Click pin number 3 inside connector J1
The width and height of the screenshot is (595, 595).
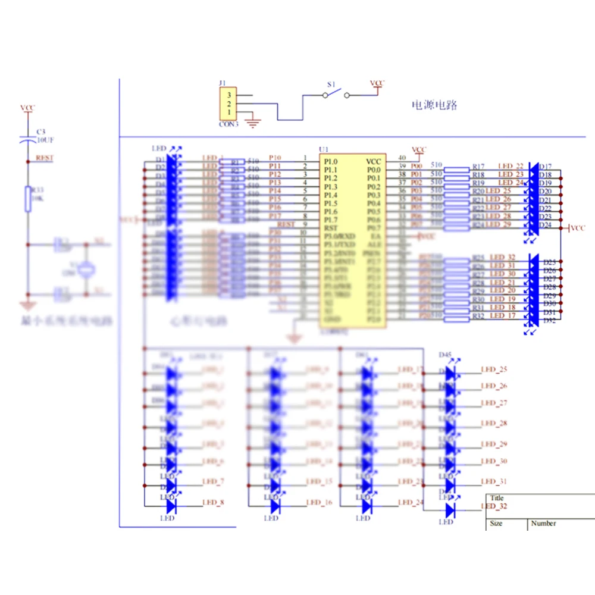tap(228, 95)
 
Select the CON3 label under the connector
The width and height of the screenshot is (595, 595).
tap(228, 124)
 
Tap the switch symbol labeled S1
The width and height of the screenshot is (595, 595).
tap(336, 93)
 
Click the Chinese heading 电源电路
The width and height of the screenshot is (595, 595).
tap(435, 105)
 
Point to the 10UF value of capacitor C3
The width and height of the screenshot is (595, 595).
tap(46, 140)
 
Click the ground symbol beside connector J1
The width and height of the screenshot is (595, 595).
tap(253, 123)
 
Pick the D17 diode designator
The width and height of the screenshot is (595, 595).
tap(545, 167)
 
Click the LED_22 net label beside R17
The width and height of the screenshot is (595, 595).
tap(511, 166)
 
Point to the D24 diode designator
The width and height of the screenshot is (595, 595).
tap(545, 225)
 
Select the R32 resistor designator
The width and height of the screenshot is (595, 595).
tap(478, 316)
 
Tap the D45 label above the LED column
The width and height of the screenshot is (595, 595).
tap(445, 355)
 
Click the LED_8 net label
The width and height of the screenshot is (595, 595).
tap(213, 503)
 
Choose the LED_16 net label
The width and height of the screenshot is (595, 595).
tap(319, 503)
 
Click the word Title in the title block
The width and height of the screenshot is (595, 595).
tap(497, 498)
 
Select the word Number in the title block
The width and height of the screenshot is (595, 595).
tap(543, 523)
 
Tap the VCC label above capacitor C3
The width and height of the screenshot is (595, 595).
tap(27, 108)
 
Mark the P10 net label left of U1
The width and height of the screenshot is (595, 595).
tap(275, 158)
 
